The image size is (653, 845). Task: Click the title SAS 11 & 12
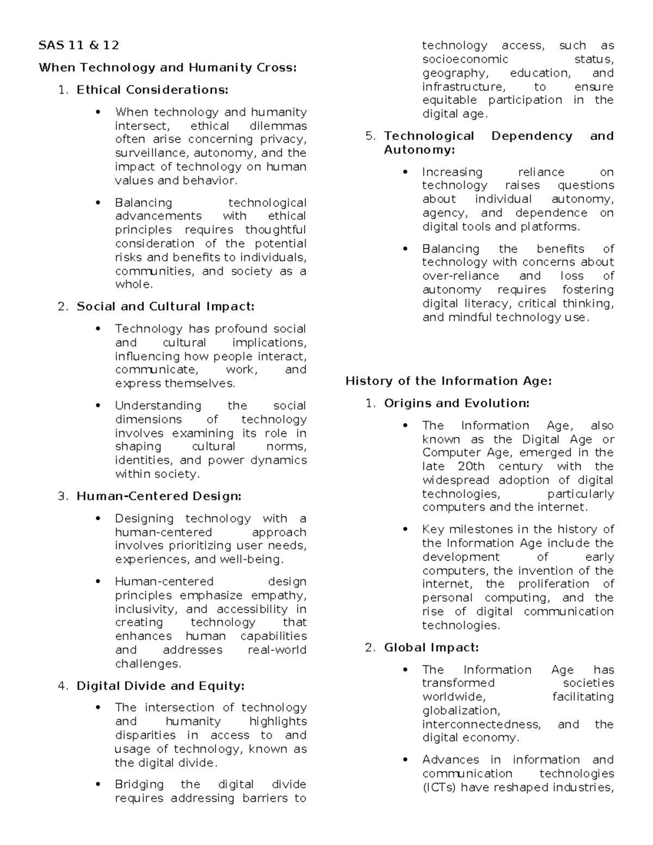(79, 45)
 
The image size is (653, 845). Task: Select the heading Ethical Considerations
(152, 90)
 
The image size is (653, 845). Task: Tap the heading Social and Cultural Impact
(165, 306)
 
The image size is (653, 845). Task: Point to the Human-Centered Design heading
(159, 496)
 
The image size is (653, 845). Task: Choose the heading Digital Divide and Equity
(161, 686)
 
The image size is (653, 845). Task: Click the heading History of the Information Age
(448, 381)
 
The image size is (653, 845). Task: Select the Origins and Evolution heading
(457, 403)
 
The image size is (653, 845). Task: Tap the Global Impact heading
(432, 647)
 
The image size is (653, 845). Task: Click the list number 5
(370, 136)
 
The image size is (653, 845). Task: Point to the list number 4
(63, 686)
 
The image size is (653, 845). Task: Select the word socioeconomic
(465, 59)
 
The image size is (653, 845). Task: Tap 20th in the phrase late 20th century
(471, 466)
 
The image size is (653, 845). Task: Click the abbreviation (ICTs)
(439, 787)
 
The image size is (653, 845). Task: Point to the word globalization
(460, 711)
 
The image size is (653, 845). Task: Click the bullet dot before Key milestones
(405, 529)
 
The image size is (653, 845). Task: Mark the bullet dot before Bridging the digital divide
(98, 785)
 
